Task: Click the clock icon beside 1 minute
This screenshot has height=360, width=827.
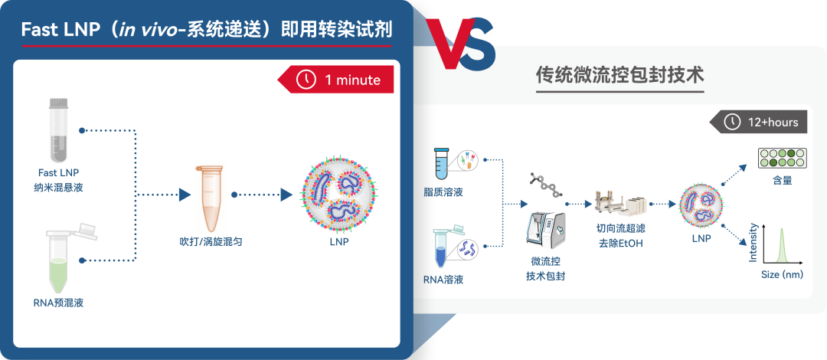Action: tap(306, 80)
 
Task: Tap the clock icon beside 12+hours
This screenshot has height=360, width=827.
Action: tap(731, 123)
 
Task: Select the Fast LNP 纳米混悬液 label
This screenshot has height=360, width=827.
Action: tap(58, 180)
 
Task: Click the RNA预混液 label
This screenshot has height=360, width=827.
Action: tap(58, 303)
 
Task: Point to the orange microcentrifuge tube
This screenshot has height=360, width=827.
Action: tap(211, 198)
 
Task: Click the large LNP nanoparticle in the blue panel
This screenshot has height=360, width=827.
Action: tap(339, 195)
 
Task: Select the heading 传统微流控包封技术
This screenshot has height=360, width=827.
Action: tap(619, 75)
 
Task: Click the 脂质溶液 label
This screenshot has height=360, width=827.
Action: tap(443, 192)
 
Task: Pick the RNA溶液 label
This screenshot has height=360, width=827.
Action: tap(443, 280)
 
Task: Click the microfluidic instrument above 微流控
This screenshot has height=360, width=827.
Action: tap(546, 228)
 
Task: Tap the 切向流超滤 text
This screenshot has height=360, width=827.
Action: tap(621, 229)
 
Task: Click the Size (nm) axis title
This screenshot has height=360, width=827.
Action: tap(782, 274)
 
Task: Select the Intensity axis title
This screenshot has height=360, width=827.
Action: tap(753, 243)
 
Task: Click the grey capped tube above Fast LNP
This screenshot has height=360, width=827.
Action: tap(58, 130)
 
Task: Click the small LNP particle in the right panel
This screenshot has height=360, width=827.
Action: tap(701, 205)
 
